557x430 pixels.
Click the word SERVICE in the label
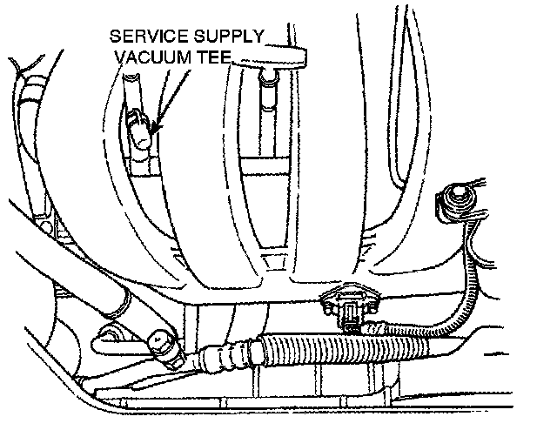point(149,39)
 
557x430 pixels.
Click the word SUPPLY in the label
point(228,39)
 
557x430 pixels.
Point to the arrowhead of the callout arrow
point(152,132)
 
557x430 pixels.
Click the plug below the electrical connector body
point(352,326)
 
